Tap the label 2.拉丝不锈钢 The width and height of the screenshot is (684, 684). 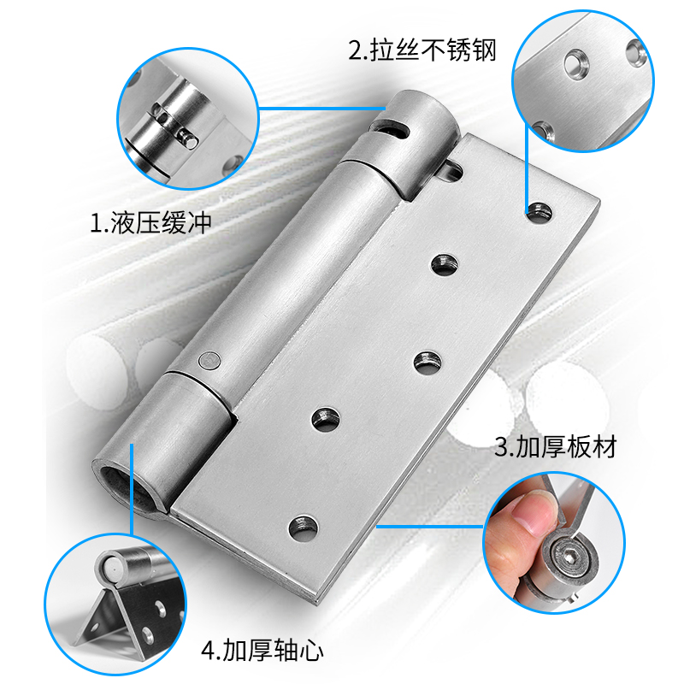click(422, 50)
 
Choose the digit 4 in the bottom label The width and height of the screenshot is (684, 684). click(207, 652)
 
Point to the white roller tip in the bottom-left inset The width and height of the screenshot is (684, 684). click(110, 563)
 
